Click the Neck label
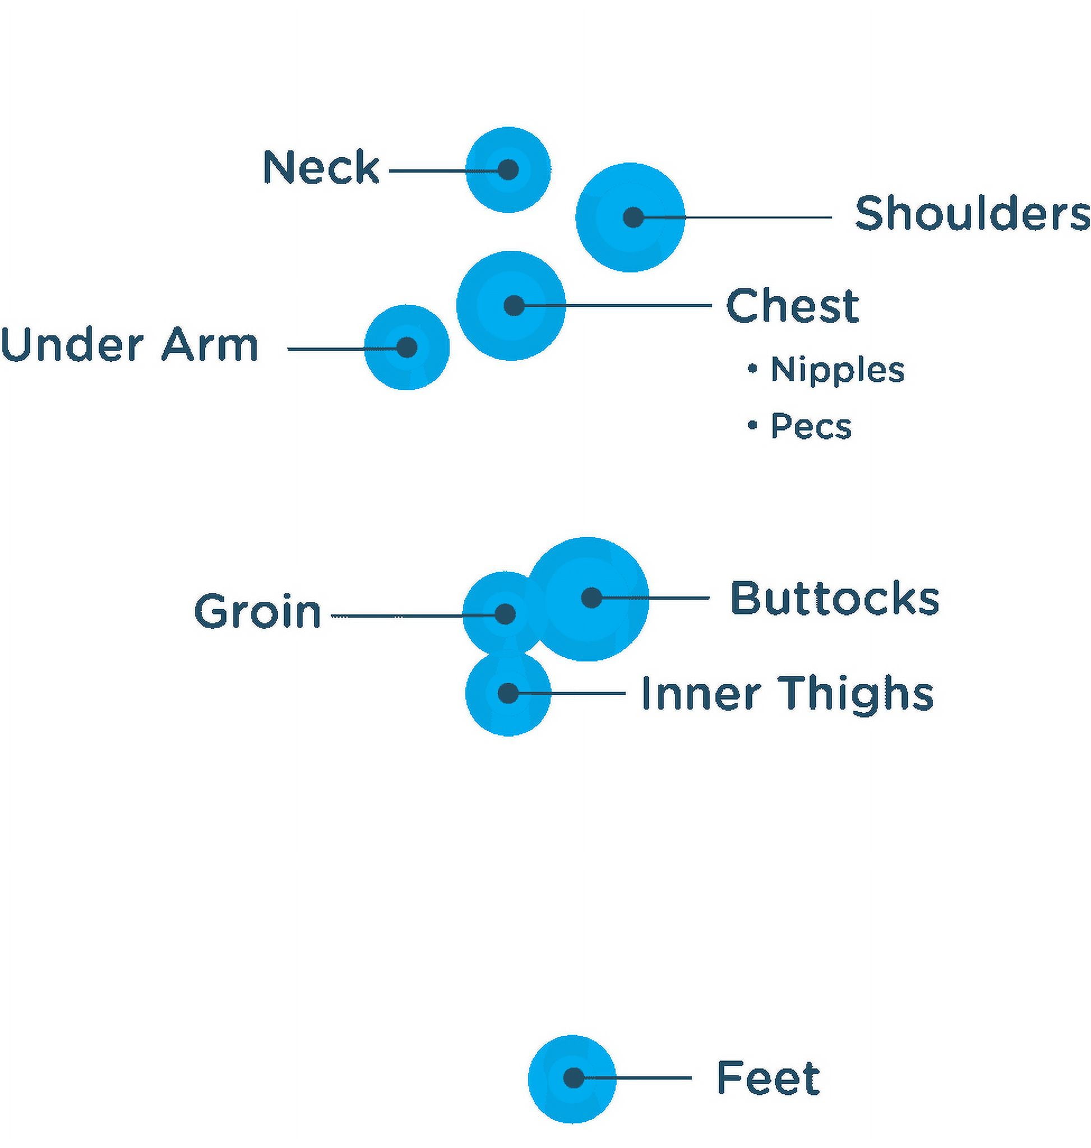(321, 167)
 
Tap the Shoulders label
(972, 213)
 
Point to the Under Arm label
(129, 344)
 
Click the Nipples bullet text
(838, 371)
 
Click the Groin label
(258, 610)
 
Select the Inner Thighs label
(788, 693)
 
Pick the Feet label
(768, 1077)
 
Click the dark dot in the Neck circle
(508, 170)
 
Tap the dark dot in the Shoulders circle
(634, 217)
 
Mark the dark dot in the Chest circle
(514, 305)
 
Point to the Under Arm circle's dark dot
(407, 347)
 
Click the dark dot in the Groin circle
(505, 614)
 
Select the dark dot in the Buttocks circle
(591, 597)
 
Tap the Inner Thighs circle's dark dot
(508, 693)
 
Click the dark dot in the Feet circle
(574, 1077)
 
